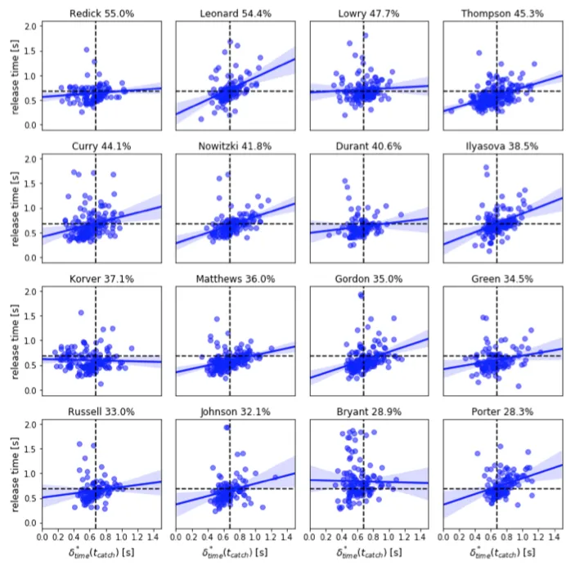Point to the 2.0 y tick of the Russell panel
(x=31, y=425)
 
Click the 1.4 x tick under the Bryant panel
(x=422, y=537)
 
